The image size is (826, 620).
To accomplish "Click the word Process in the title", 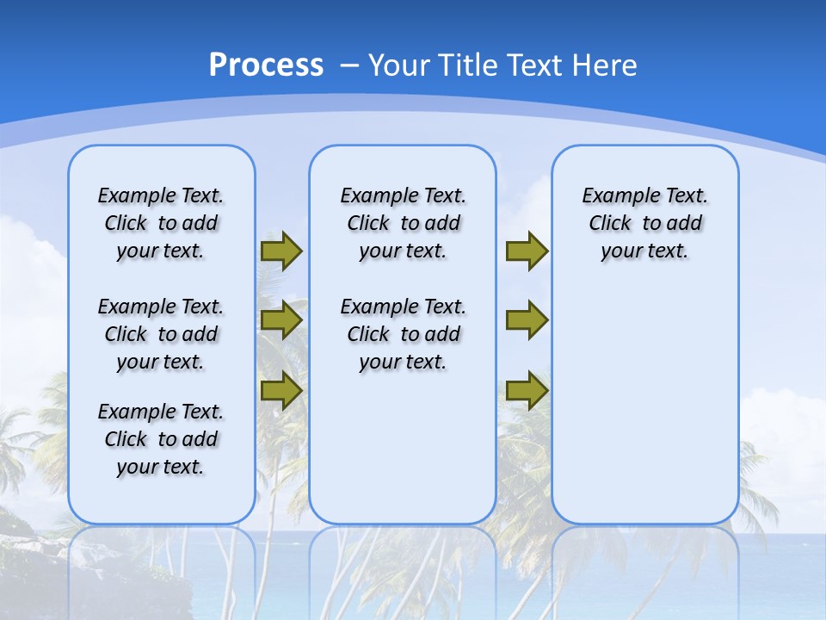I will click(x=266, y=65).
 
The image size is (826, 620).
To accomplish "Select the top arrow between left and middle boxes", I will click(x=281, y=251).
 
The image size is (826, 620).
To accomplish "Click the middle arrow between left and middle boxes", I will click(x=281, y=321).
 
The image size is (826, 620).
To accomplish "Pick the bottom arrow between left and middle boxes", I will click(x=281, y=390).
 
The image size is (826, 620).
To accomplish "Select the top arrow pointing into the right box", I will click(x=527, y=251).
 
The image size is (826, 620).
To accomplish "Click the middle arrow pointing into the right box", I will click(x=527, y=320).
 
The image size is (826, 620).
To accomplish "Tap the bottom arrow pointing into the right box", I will click(x=527, y=390).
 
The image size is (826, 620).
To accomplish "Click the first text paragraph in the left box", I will click(x=161, y=223).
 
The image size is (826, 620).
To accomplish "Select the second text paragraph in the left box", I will click(x=161, y=334).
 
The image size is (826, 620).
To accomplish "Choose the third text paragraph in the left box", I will click(x=161, y=439).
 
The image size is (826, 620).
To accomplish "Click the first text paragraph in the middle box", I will click(x=403, y=223).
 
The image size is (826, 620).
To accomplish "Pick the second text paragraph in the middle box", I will click(x=403, y=334).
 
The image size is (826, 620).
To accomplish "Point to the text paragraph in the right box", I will click(x=645, y=223).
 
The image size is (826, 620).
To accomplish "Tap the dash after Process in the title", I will click(x=349, y=65).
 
